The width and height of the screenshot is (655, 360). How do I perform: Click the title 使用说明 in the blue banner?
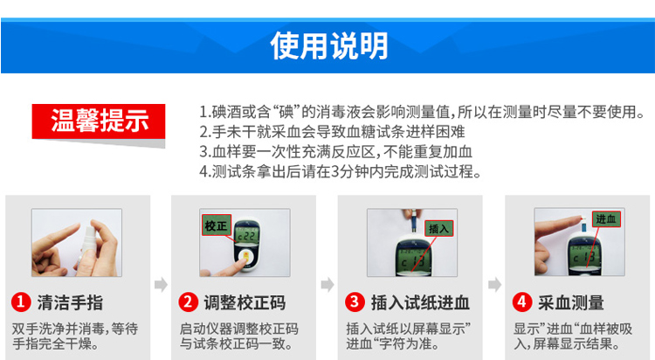coord(329,45)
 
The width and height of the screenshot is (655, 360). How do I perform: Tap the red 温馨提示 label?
coord(99,121)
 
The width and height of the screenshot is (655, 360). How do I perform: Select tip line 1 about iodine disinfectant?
coord(422,112)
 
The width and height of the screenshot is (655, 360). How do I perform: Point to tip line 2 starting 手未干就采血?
coord(332,132)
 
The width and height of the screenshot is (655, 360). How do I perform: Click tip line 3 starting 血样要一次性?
coord(336,151)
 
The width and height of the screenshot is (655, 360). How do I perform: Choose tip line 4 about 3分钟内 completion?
coord(341,171)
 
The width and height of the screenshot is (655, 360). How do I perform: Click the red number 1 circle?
coord(21,301)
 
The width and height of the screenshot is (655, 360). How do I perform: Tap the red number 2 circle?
coord(188,301)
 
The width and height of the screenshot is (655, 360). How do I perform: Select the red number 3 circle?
coord(355,301)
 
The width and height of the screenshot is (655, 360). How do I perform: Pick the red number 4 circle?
coord(522,301)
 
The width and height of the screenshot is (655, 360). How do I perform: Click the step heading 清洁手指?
coord(70,302)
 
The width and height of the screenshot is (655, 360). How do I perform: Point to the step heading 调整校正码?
coord(245,302)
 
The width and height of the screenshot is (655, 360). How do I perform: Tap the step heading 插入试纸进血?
coord(420,302)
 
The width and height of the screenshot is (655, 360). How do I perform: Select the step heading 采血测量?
coord(571,302)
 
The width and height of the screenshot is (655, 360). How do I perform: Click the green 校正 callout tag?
coord(216,225)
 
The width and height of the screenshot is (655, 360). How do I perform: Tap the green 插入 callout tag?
coord(438,228)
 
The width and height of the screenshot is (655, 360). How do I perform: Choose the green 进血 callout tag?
coord(606,218)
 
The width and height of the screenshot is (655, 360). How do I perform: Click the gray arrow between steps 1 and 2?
coord(161,284)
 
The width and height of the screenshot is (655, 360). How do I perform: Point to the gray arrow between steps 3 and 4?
coord(494,284)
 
